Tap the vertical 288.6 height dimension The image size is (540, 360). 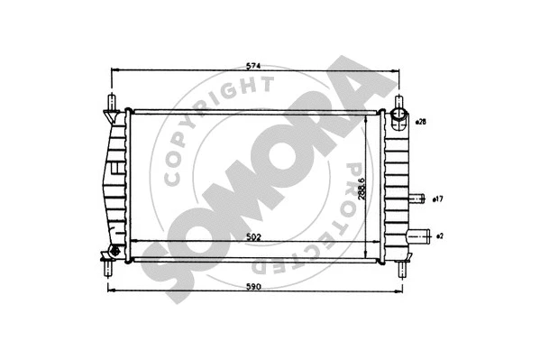click(x=361, y=187)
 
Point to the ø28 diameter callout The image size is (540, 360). click(x=422, y=120)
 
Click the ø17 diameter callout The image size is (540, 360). click(x=437, y=198)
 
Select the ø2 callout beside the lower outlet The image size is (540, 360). click(x=439, y=236)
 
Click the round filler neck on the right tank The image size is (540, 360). click(x=398, y=117)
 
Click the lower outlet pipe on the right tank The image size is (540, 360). click(x=419, y=236)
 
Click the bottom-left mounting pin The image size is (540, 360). click(x=109, y=264)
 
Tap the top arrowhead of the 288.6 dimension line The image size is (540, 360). click(x=366, y=116)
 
